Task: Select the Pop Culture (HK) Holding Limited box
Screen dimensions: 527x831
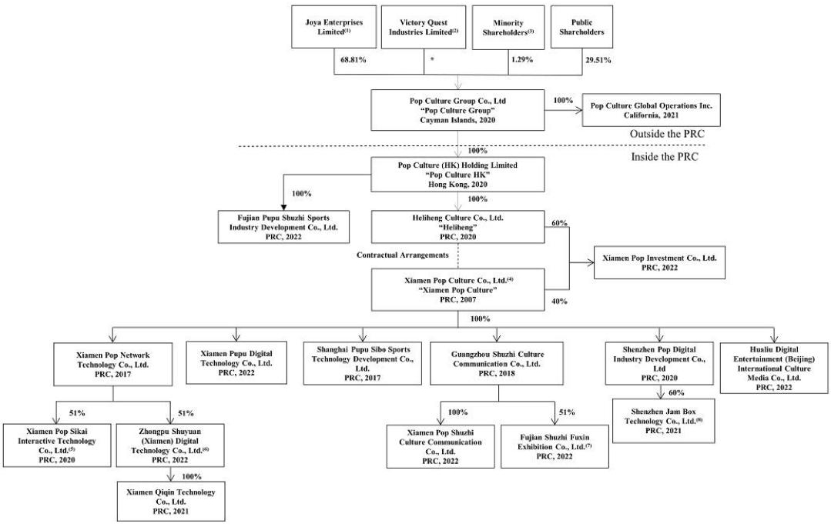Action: pos(459,175)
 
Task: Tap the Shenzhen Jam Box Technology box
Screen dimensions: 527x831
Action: pos(662,419)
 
